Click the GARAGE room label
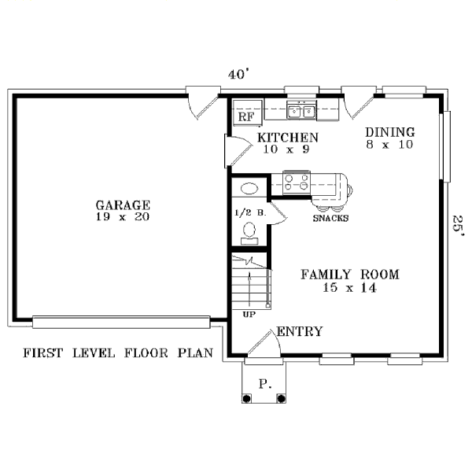click(x=123, y=205)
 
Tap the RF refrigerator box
click(x=248, y=112)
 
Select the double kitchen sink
click(x=301, y=111)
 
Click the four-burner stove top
click(x=297, y=183)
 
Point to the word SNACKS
click(x=330, y=218)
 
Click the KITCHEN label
click(x=288, y=138)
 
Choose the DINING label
click(x=390, y=132)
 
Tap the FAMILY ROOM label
click(x=350, y=275)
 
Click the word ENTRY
click(x=300, y=331)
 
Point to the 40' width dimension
click(x=238, y=74)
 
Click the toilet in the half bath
click(x=249, y=234)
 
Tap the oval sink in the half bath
click(x=249, y=189)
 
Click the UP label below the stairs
click(x=249, y=315)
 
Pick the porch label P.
click(x=265, y=384)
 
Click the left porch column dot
click(x=246, y=399)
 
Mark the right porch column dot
click(x=281, y=399)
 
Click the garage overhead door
click(x=121, y=322)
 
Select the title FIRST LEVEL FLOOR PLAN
click(x=118, y=352)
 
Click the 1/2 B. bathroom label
click(x=250, y=213)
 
